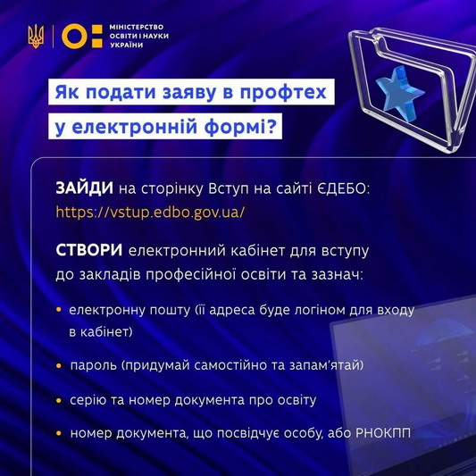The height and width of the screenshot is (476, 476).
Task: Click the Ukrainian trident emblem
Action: point(36,36)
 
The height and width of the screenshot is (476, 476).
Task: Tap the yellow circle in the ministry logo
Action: point(74,36)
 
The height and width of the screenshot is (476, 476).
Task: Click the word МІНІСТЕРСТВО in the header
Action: point(137,27)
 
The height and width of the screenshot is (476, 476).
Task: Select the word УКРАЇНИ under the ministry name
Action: point(126,46)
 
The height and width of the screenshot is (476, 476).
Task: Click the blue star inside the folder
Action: point(398,93)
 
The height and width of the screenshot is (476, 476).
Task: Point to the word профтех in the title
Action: point(283,93)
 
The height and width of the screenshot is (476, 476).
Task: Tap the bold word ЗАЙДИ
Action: point(84,188)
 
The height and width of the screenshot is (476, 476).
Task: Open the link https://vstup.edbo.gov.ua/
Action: point(150,212)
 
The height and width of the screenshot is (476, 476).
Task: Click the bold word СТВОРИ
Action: point(89,251)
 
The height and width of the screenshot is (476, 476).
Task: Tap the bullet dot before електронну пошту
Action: point(59,310)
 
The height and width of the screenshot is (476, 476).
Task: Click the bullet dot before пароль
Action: point(59,365)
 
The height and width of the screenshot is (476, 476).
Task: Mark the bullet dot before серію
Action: point(59,400)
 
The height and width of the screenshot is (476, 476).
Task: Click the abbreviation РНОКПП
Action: point(383,433)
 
